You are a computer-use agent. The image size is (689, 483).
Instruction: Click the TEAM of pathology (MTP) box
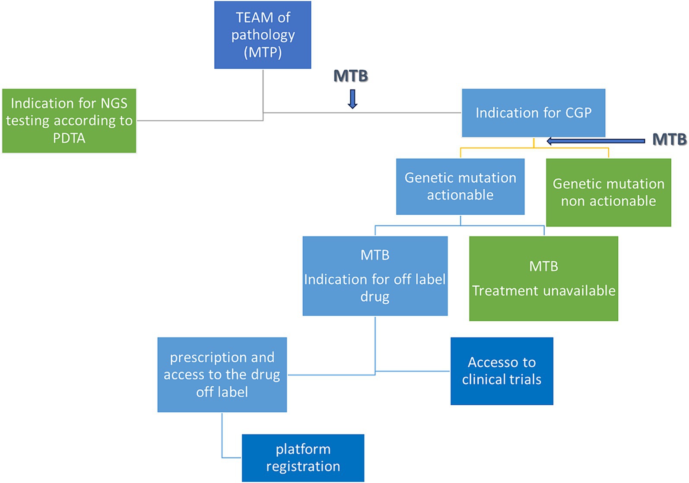click(x=263, y=35)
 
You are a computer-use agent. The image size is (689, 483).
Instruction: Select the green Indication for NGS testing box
click(x=69, y=121)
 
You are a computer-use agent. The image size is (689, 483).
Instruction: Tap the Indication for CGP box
click(x=533, y=113)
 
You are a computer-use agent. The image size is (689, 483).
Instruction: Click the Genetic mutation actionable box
click(x=460, y=186)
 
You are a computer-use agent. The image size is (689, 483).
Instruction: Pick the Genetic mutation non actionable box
click(x=608, y=192)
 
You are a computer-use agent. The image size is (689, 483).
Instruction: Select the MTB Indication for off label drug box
click(x=375, y=276)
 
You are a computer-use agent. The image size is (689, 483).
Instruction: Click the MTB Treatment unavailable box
click(x=543, y=278)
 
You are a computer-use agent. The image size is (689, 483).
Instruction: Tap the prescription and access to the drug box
click(x=222, y=375)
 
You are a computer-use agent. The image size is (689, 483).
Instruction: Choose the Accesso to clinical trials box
click(x=502, y=371)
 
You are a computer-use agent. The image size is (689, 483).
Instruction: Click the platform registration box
click(x=303, y=458)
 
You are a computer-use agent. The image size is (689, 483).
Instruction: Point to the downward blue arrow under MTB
click(x=352, y=99)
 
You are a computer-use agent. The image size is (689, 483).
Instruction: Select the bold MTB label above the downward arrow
click(x=351, y=76)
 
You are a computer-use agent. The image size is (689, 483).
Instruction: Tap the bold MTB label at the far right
click(x=669, y=140)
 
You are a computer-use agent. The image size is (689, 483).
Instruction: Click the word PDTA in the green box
click(x=69, y=138)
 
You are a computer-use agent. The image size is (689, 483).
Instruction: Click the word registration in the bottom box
click(x=303, y=467)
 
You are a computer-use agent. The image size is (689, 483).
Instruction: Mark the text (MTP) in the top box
click(x=263, y=52)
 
